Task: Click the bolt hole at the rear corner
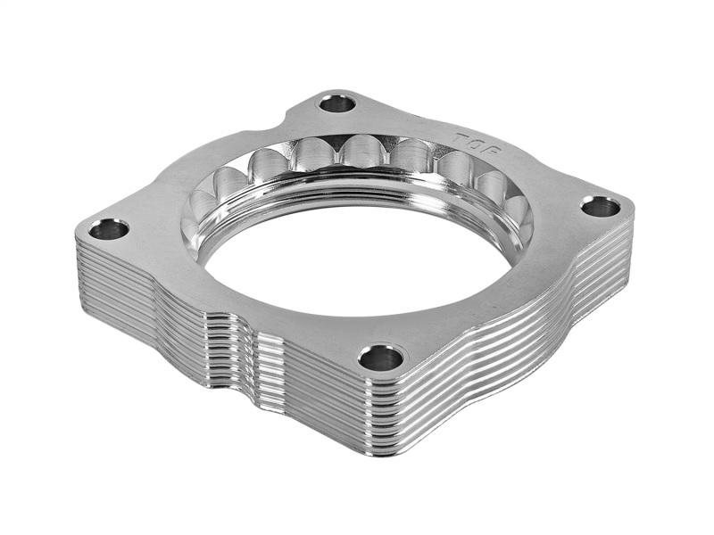(337, 103)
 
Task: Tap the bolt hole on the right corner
(600, 207)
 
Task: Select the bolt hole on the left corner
(109, 229)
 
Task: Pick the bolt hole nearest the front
(381, 358)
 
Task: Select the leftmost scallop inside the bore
(202, 207)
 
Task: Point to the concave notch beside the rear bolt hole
(295, 117)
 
